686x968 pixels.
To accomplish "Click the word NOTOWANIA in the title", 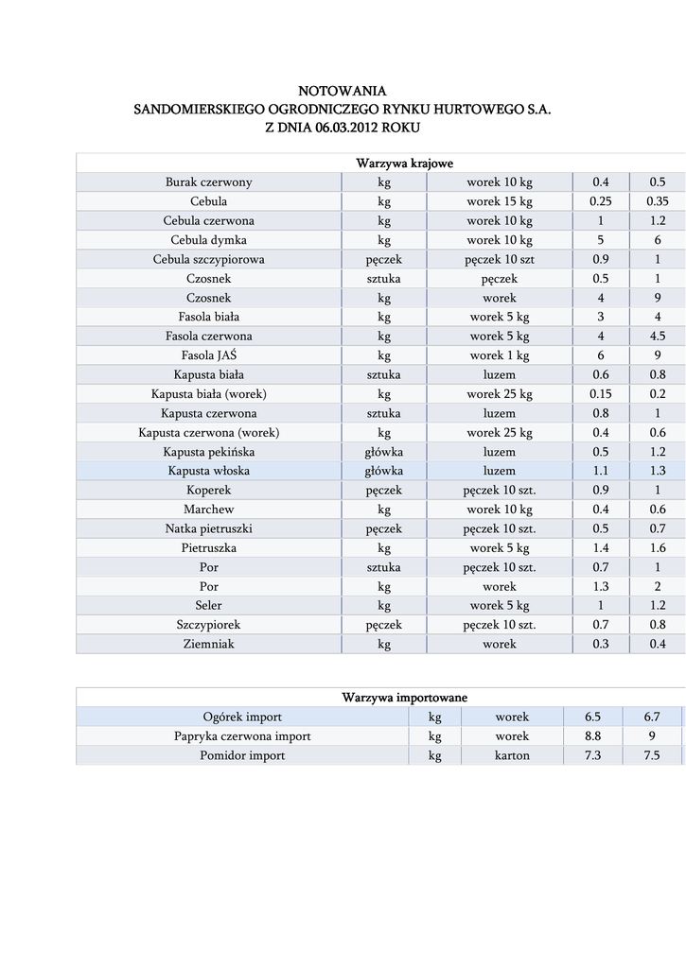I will [x=343, y=91].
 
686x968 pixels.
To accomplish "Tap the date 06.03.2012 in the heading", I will [x=349, y=128].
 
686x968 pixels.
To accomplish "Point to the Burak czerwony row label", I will [x=209, y=182].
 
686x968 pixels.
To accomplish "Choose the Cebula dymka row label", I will [x=209, y=240].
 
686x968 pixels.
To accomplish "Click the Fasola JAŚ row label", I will [x=209, y=355].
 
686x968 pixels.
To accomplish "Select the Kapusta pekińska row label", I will [x=209, y=452].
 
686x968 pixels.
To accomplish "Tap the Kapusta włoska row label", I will [x=209, y=471].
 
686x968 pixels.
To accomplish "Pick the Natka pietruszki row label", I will [x=209, y=528].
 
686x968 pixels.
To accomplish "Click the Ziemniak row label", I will [x=209, y=644].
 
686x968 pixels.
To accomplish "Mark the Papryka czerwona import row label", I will [x=242, y=736].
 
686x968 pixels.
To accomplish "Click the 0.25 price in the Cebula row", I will [x=601, y=201].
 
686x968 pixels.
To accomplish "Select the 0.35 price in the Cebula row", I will [x=658, y=201].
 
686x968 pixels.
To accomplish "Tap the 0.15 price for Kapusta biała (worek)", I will [x=601, y=394].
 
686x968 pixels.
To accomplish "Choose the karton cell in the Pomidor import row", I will [x=512, y=755].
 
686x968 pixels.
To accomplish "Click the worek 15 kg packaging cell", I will [x=500, y=201].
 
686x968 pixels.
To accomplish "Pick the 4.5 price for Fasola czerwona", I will [x=658, y=337].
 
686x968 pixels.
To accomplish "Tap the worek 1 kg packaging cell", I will [x=500, y=355].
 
